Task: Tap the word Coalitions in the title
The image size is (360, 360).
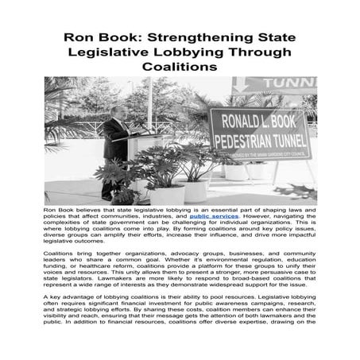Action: click(180, 68)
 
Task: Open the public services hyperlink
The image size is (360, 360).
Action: click(211, 216)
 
